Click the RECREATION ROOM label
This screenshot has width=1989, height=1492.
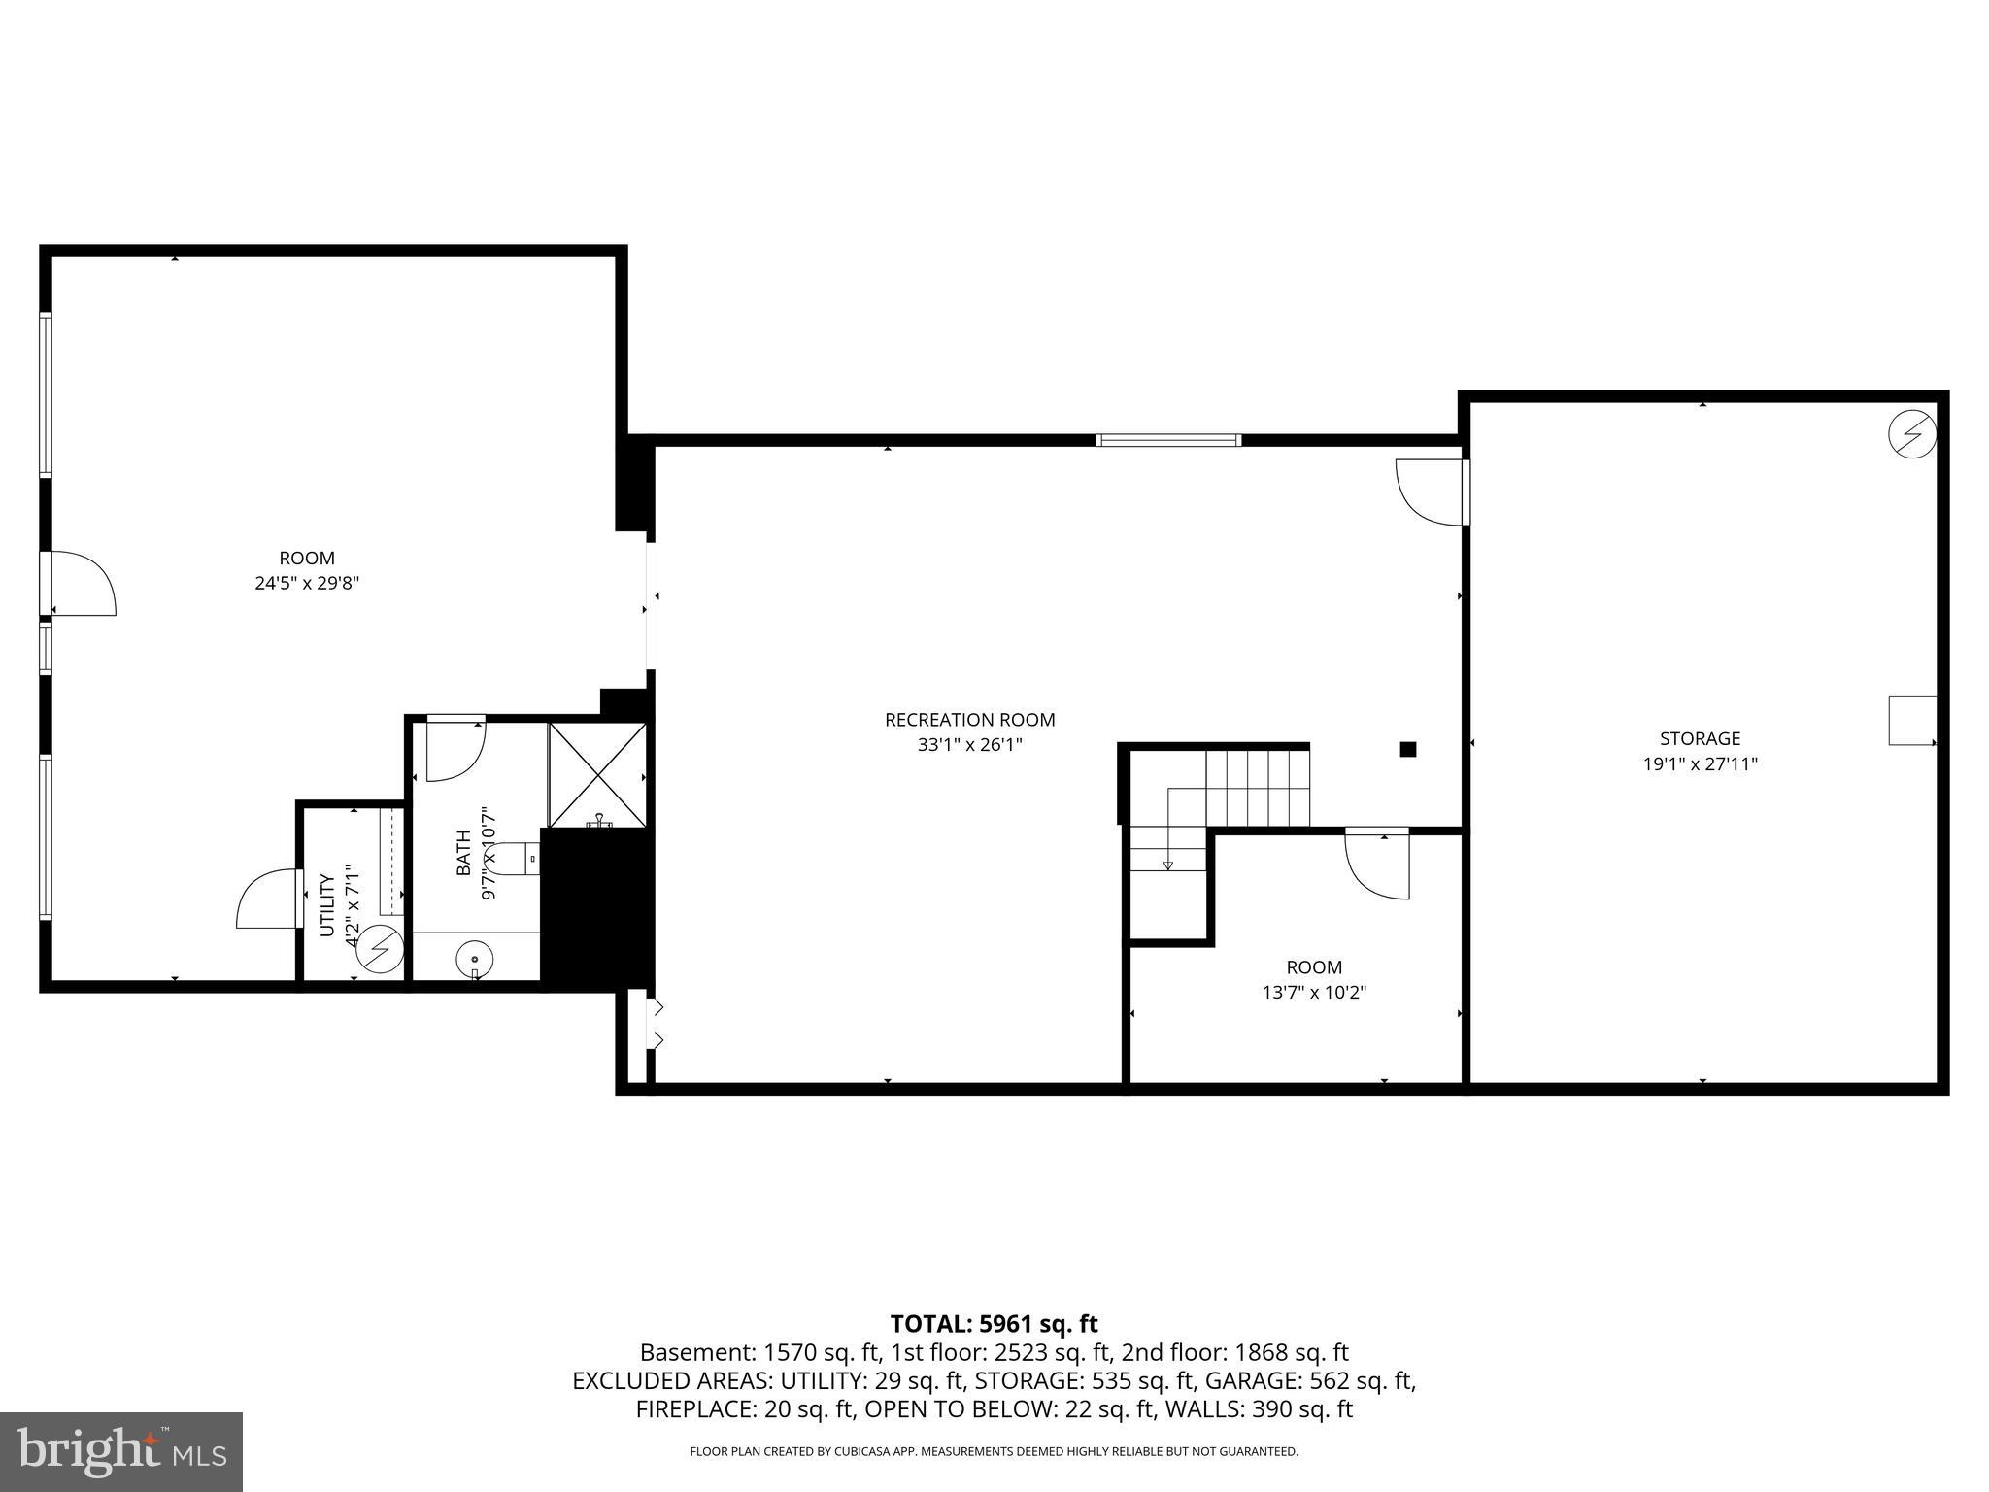(x=969, y=720)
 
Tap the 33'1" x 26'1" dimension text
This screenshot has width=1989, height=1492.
(x=969, y=745)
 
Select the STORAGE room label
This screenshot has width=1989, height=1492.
(x=1700, y=738)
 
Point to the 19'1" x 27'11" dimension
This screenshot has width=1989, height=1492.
(x=1700, y=764)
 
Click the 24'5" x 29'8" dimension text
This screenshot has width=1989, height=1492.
(x=307, y=584)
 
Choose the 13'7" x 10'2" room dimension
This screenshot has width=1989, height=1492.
(x=1314, y=993)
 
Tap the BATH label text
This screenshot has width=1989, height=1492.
(x=463, y=852)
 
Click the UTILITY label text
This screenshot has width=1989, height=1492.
(x=327, y=905)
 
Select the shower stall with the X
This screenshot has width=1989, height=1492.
(x=597, y=774)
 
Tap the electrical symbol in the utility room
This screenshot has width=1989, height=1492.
(x=379, y=951)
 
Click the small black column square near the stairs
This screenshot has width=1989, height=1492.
(x=1407, y=749)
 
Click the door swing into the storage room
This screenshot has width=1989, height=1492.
(x=1431, y=492)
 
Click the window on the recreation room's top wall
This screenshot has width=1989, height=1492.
(x=1168, y=440)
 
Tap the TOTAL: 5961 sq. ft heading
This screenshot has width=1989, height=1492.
(x=994, y=1324)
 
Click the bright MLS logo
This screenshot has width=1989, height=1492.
(x=120, y=1451)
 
